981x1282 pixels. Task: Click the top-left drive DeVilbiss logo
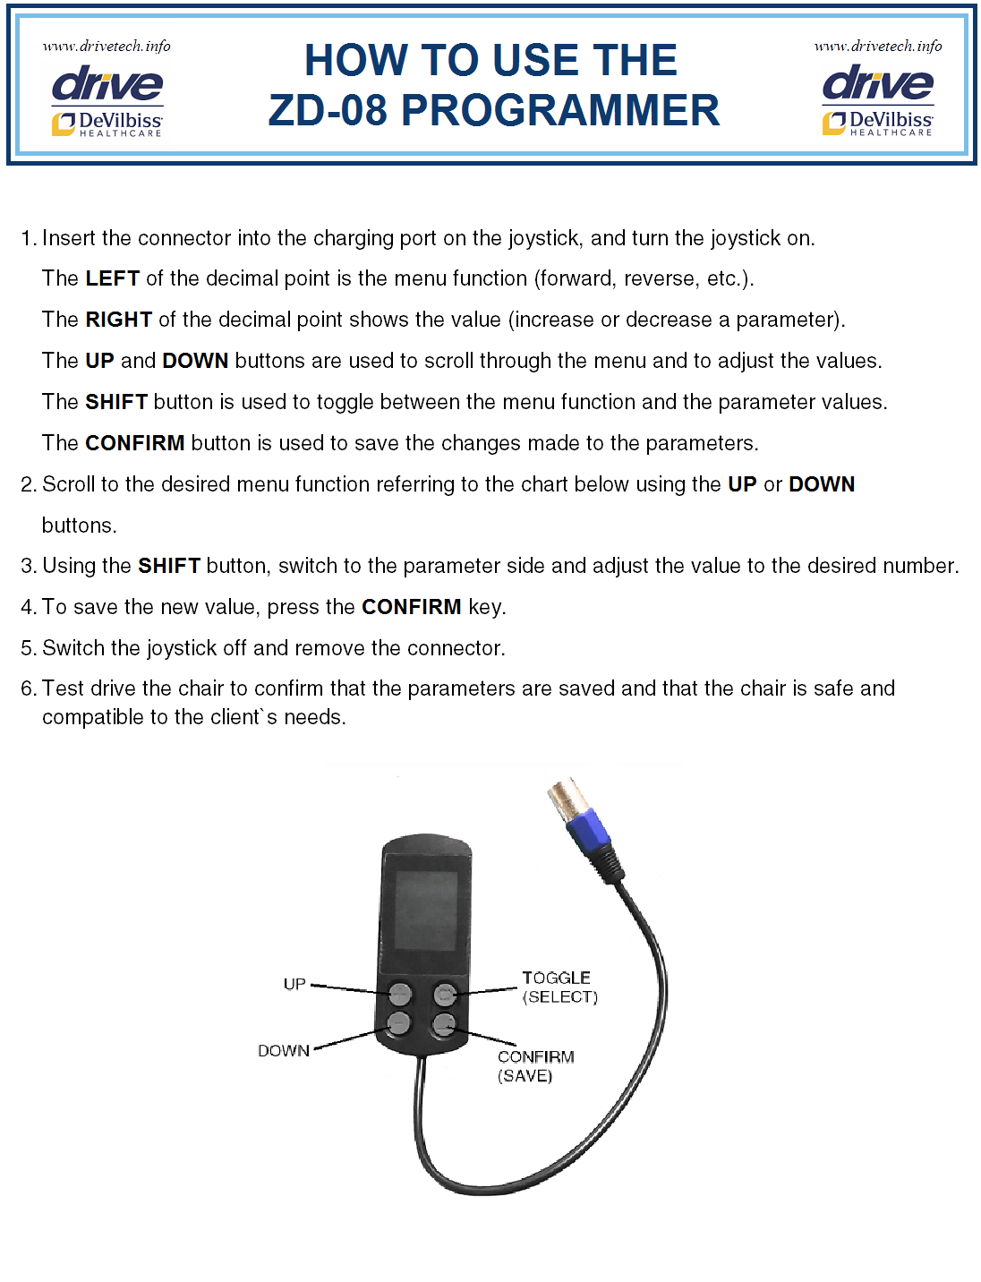coord(107,100)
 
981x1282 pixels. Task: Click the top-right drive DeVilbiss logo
coord(877,100)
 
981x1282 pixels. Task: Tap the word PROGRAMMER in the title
coord(559,111)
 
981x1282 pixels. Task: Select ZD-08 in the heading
coord(328,111)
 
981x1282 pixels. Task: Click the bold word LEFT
coord(112,278)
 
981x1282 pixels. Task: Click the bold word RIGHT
coord(118,320)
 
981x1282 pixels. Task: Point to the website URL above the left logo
coord(107,46)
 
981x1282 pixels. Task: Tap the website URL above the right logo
coord(877,46)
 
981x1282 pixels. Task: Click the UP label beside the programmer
coord(294,984)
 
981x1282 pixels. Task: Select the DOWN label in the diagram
coord(284,1050)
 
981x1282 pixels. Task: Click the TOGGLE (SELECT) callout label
coord(559,987)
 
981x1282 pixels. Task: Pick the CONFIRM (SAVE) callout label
coord(535,1065)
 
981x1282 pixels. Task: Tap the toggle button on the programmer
coord(445,993)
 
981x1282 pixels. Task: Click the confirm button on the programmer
coord(444,1023)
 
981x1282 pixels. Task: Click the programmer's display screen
coord(425,911)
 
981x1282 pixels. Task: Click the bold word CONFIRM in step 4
coord(411,607)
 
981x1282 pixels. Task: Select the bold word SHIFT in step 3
coord(168,566)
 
